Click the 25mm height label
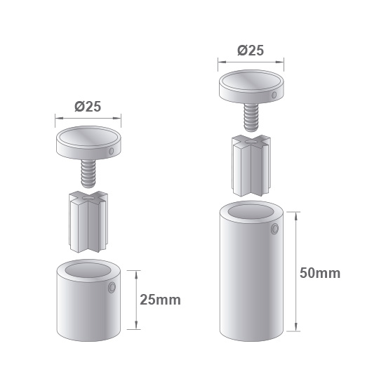click(160, 300)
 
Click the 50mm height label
click(320, 273)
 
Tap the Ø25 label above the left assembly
click(88, 107)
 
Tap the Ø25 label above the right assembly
click(251, 51)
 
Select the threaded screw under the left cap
click(88, 173)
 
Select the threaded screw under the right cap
click(251, 117)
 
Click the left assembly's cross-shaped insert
click(88, 222)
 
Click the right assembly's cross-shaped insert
click(251, 166)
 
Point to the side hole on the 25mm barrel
click(112, 288)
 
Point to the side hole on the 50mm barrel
click(274, 229)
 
